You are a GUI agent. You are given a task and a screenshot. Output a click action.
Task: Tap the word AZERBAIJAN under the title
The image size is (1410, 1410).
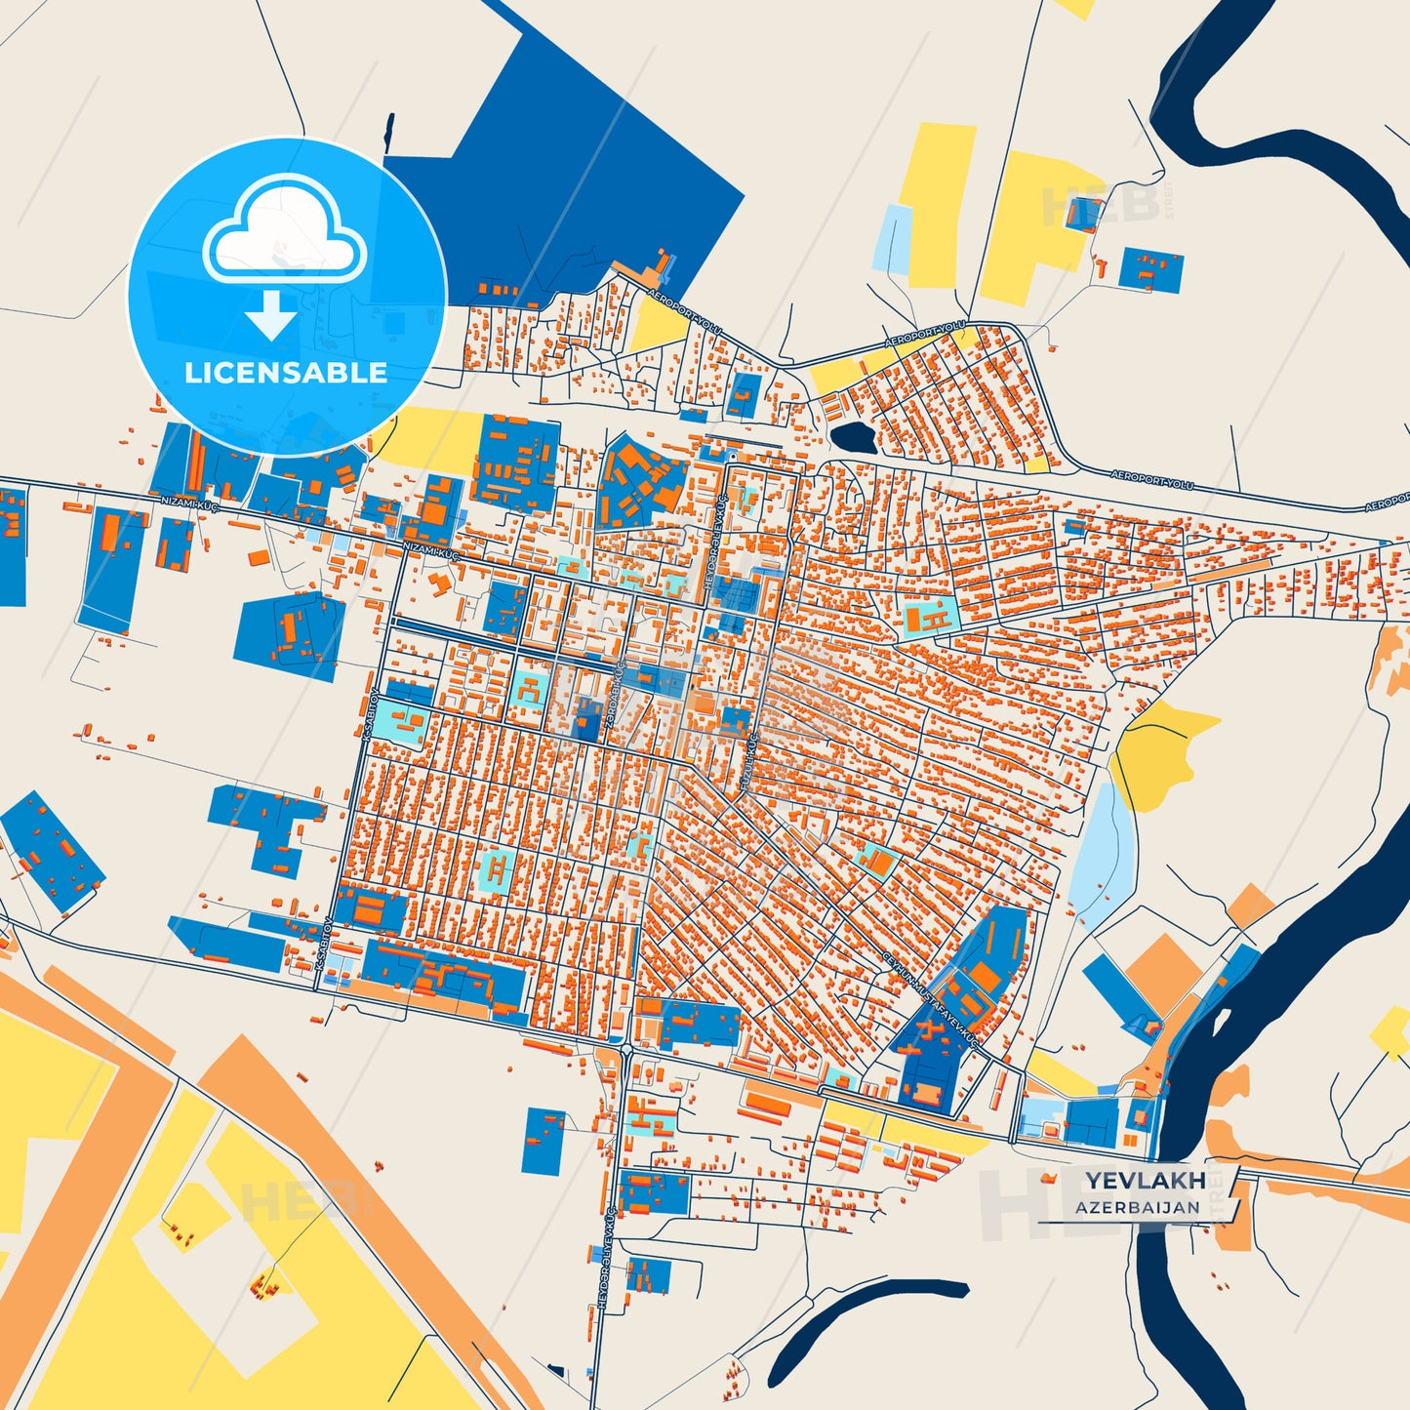point(1138,1207)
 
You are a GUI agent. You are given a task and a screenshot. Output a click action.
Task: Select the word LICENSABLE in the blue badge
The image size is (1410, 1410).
point(286,373)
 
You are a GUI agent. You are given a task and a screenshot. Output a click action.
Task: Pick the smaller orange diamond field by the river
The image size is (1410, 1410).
point(1250,906)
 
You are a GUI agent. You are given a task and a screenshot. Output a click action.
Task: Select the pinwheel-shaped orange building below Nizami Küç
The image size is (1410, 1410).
point(439,583)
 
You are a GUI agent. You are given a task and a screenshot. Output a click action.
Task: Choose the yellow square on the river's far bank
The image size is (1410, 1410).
point(1391,1031)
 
